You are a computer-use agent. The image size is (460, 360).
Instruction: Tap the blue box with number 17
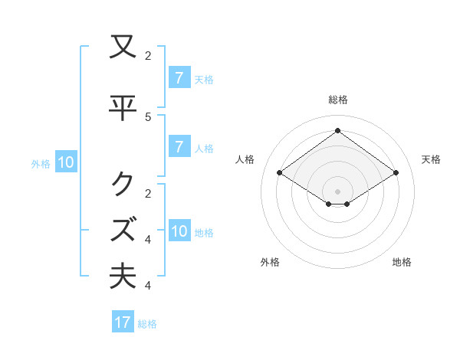123,322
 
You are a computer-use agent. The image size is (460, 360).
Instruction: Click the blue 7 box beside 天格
179,78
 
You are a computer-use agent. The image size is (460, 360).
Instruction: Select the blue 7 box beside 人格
179,147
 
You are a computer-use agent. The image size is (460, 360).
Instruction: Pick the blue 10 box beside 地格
179,231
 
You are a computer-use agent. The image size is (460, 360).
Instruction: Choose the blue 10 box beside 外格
65,162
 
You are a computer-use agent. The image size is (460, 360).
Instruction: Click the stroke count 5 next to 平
148,116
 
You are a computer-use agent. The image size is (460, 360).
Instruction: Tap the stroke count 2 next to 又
148,56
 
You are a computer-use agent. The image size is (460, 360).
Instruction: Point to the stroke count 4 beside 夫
148,286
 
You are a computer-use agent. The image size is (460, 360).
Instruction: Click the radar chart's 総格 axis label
338,100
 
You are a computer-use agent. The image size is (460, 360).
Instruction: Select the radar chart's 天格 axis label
431,159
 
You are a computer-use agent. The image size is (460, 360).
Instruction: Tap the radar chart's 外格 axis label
270,262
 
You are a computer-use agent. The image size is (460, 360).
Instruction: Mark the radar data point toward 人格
280,173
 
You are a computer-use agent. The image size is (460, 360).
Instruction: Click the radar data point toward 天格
396,173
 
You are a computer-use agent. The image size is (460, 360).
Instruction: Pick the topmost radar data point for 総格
337,130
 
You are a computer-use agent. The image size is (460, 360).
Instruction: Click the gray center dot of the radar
337,191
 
